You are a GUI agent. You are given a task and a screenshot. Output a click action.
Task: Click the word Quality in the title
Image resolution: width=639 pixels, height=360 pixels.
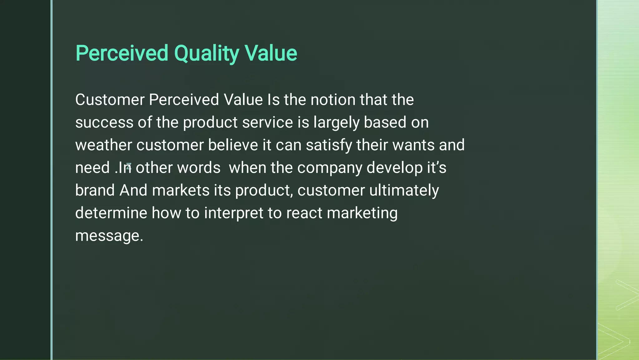[206, 54]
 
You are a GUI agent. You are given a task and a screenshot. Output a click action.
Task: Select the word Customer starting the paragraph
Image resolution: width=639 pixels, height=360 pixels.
[110, 100]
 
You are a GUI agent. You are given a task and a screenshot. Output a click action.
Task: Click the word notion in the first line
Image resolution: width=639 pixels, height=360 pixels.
[333, 100]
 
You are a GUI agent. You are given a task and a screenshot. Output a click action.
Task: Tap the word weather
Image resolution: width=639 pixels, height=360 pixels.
[104, 145]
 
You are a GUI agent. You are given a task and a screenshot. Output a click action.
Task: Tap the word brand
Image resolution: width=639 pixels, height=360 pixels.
[95, 190]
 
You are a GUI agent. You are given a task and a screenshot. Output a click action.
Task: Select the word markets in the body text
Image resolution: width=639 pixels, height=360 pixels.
[181, 190]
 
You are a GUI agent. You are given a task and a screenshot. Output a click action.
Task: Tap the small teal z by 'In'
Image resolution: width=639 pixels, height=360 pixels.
[129, 166]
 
